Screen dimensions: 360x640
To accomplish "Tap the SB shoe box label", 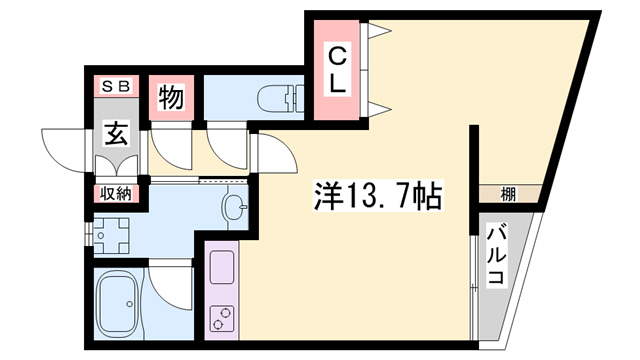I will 112,87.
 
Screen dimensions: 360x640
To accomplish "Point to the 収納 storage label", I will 112,194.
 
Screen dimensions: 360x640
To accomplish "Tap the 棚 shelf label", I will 509,194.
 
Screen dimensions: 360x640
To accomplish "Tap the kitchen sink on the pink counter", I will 221,268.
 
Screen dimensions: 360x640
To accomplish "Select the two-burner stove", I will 221,319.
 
